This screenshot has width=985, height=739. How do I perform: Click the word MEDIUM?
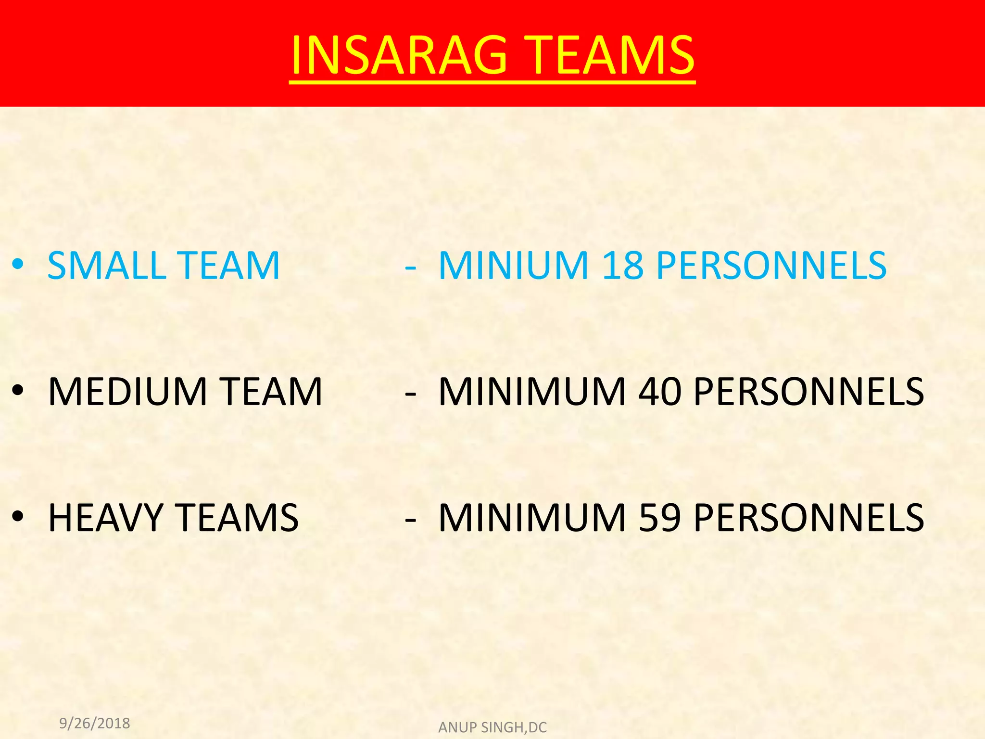pyautogui.click(x=128, y=392)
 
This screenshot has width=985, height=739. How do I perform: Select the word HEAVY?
pyautogui.click(x=106, y=518)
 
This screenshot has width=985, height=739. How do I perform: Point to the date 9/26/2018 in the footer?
pyautogui.click(x=95, y=723)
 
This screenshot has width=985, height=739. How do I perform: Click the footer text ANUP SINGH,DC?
pyautogui.click(x=492, y=727)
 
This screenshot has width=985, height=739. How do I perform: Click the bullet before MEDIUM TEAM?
pyautogui.click(x=18, y=392)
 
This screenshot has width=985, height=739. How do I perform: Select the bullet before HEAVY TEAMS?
pyautogui.click(x=18, y=518)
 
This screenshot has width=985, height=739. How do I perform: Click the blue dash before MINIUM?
pyautogui.click(x=410, y=266)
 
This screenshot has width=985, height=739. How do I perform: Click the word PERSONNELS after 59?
pyautogui.click(x=809, y=518)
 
